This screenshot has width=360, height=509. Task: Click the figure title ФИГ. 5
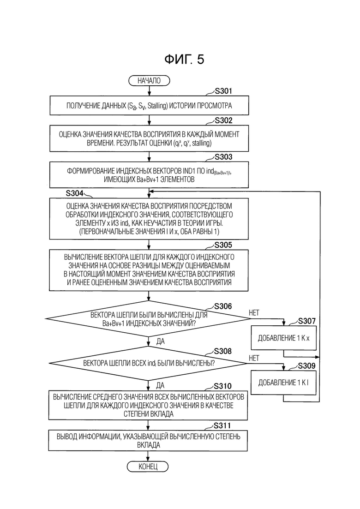(184, 60)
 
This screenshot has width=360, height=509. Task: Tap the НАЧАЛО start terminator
(150, 80)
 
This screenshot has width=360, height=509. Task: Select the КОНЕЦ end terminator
(148, 467)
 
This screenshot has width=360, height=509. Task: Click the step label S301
(224, 91)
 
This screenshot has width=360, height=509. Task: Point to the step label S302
(224, 121)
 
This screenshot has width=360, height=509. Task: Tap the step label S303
(224, 157)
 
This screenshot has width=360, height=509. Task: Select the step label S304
(75, 193)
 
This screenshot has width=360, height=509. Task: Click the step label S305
(223, 245)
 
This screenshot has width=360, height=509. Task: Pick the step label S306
(223, 306)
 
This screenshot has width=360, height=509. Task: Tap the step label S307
(307, 321)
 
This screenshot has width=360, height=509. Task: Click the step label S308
(223, 351)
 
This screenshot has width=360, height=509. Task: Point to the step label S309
(307, 366)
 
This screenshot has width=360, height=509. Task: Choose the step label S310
(222, 386)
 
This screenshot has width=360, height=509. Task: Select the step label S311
(222, 425)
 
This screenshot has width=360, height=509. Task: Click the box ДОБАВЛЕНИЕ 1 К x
(284, 338)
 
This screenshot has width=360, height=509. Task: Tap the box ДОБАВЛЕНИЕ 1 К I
(283, 383)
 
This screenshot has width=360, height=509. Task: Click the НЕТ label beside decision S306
(254, 312)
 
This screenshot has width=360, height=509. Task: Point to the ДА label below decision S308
(160, 385)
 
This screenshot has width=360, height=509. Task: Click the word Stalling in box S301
(157, 106)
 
